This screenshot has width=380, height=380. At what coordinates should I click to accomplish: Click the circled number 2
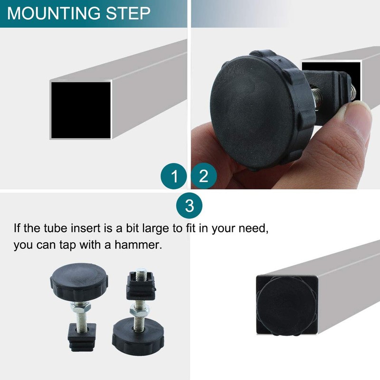tap(204, 177)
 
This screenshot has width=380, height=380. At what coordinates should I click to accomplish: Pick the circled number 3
tap(190, 206)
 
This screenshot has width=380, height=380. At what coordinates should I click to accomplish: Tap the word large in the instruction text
tap(145, 228)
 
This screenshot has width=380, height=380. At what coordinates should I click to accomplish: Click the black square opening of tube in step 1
tap(81, 110)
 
